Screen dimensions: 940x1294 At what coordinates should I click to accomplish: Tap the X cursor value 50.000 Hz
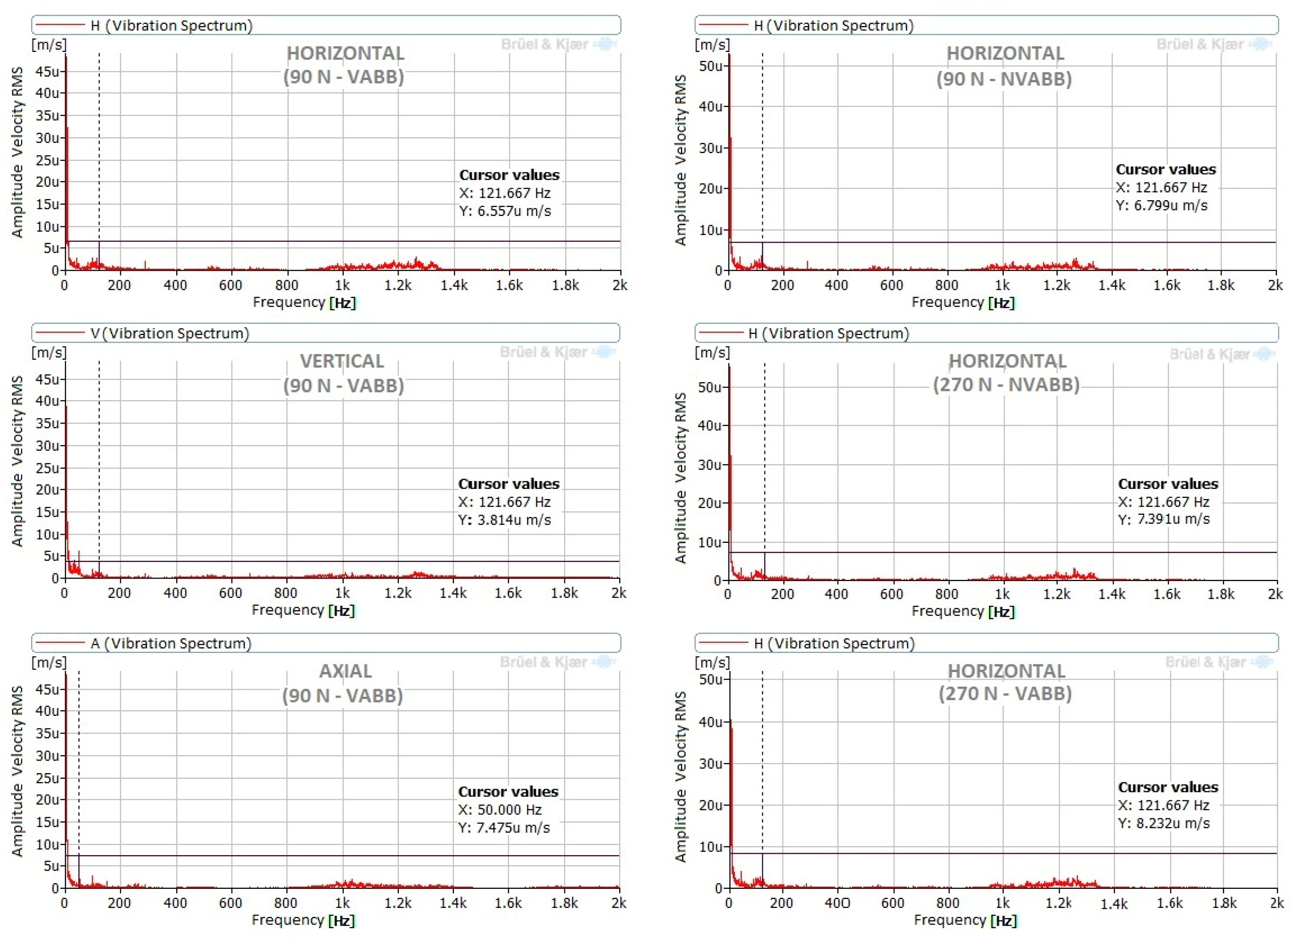pyautogui.click(x=500, y=809)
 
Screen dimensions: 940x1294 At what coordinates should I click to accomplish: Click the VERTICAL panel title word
pyautogui.click(x=342, y=361)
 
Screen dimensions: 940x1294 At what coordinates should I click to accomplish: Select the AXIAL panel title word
pyautogui.click(x=345, y=671)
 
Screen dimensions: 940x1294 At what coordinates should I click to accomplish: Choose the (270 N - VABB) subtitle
pyautogui.click(x=1005, y=694)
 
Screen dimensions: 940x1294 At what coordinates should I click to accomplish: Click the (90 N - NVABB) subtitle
pyautogui.click(x=1004, y=78)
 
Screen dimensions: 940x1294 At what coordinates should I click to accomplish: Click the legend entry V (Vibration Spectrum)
pyautogui.click(x=169, y=333)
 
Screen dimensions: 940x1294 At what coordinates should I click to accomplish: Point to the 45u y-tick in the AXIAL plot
pyautogui.click(x=48, y=689)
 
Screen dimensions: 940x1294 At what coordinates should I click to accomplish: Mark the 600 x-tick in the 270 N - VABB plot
pyautogui.click(x=893, y=903)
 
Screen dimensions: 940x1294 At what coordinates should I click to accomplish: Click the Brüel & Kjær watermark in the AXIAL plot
pyautogui.click(x=543, y=662)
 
